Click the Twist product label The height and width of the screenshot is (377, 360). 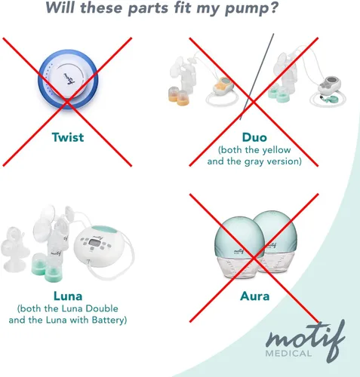pyautogui.click(x=68, y=137)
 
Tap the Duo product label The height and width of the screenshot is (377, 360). pyautogui.click(x=254, y=137)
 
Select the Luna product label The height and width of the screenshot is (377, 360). pyautogui.click(x=68, y=296)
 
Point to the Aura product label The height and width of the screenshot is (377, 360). pyautogui.click(x=255, y=296)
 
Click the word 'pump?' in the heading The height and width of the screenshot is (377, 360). pyautogui.click(x=251, y=8)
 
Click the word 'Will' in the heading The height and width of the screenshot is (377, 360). pyautogui.click(x=60, y=7)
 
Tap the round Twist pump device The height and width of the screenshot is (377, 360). pyautogui.click(x=68, y=79)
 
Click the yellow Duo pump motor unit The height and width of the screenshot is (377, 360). pyautogui.click(x=223, y=85)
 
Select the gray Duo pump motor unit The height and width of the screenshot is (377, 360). pyautogui.click(x=329, y=85)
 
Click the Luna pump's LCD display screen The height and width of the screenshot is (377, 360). pyautogui.click(x=94, y=243)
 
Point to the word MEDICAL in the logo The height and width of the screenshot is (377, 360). pyautogui.click(x=288, y=354)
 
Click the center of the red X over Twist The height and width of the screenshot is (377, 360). pyautogui.click(x=67, y=102)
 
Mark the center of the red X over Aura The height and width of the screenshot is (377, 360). pyautogui.click(x=254, y=258)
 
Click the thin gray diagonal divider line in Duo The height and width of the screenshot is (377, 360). pyautogui.click(x=257, y=77)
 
